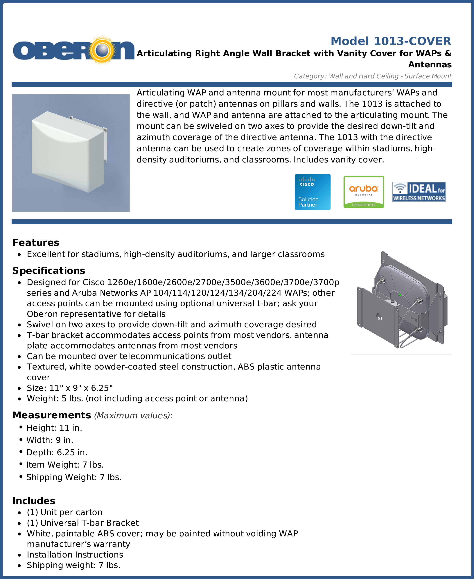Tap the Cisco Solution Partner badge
[312, 192]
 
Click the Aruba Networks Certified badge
[363, 192]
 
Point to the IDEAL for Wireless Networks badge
[419, 192]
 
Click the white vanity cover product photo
[71, 153]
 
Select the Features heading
[36, 243]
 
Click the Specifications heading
[49, 270]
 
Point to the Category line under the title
[372, 76]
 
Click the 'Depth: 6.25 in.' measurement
[57, 452]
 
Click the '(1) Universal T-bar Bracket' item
[82, 523]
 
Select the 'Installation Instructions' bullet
[75, 554]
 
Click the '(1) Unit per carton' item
[64, 512]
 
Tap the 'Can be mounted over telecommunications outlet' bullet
[129, 356]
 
